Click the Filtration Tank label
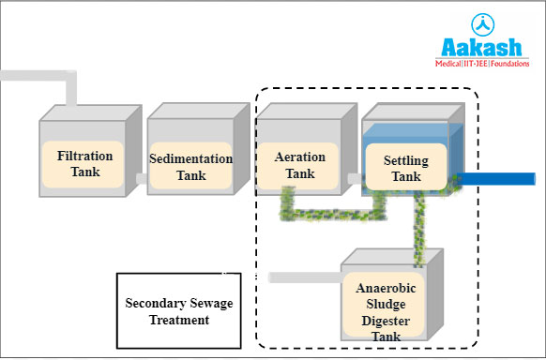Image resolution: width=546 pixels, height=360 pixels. (x=84, y=164)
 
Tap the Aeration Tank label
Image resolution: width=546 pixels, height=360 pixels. (x=300, y=164)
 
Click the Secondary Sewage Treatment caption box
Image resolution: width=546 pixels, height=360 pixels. (x=177, y=310)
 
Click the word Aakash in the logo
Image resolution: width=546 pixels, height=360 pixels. (x=481, y=48)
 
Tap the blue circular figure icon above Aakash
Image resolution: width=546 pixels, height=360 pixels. (x=481, y=22)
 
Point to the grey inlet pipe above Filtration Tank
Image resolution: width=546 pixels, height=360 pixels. (x=38, y=76)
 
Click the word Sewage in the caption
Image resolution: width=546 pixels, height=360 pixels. (x=202, y=303)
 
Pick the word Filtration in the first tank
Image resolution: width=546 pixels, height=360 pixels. (x=84, y=156)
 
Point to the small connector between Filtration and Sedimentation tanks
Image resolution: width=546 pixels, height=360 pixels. (x=140, y=176)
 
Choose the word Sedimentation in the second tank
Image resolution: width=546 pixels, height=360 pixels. (x=191, y=158)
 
